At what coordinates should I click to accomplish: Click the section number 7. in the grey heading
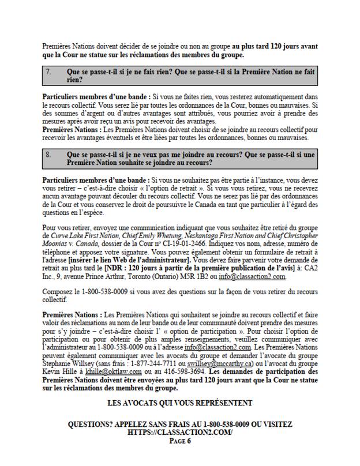[x=48, y=72]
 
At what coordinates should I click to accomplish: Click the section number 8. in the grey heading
[x=48, y=155]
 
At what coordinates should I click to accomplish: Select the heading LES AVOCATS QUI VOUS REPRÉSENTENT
[x=180, y=403]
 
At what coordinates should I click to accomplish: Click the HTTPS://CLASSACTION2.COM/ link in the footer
[x=180, y=432]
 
